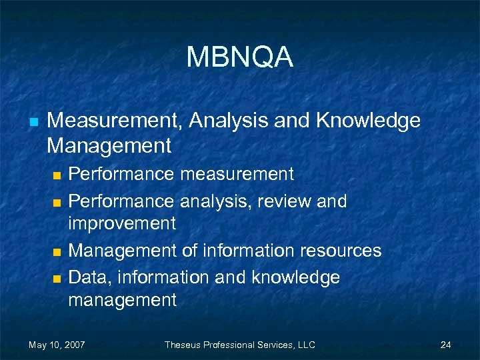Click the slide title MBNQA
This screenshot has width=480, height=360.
click(240, 57)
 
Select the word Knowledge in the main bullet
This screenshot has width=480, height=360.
click(369, 121)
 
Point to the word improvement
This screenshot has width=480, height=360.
click(122, 223)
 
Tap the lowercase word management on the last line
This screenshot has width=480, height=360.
click(122, 300)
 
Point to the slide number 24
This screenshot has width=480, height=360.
click(446, 345)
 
